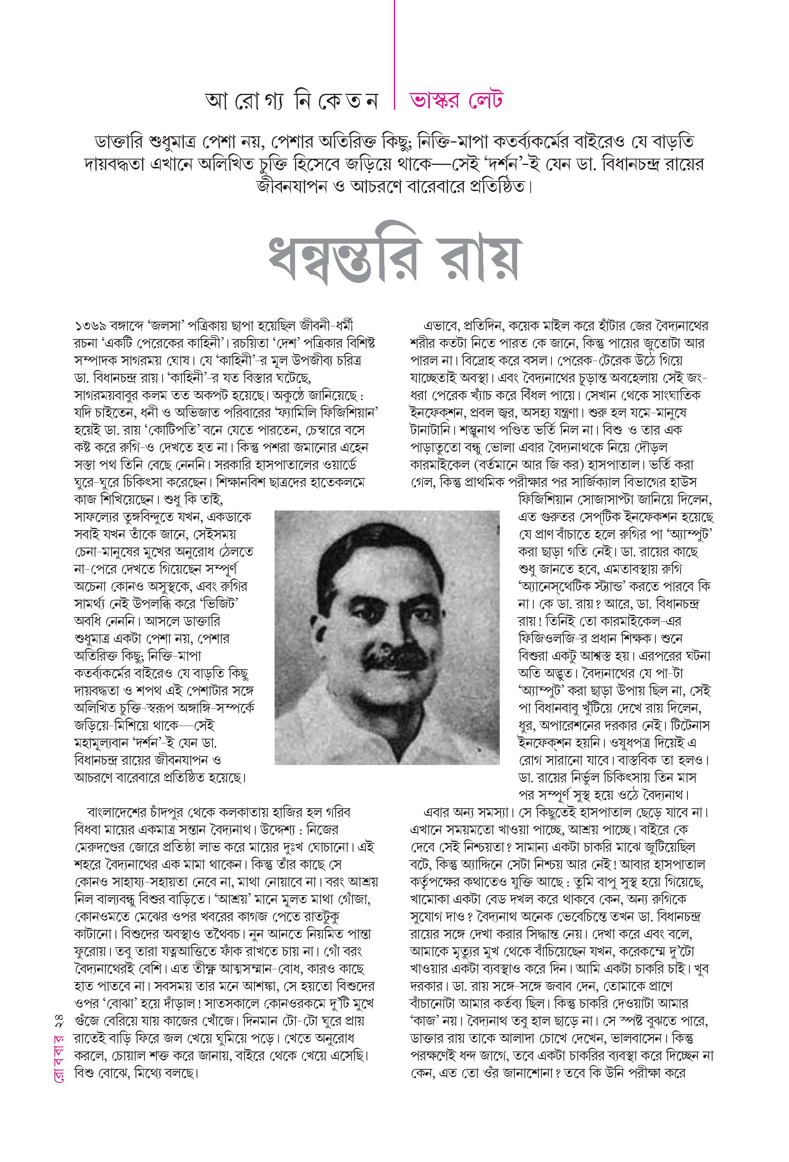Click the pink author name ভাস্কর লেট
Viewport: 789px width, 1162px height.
tap(455, 100)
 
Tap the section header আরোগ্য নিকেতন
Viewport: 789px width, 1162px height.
tap(291, 101)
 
